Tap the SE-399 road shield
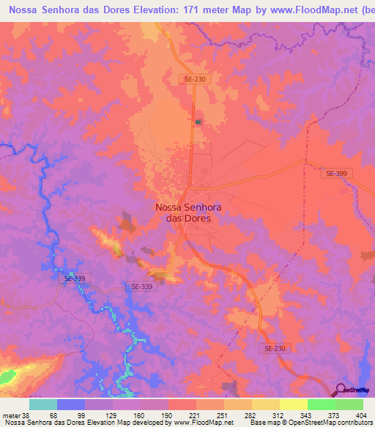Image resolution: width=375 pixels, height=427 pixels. pos(337,173)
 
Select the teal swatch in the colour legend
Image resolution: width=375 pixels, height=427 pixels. pos(43,405)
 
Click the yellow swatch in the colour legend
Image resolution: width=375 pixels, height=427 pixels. pos(293,405)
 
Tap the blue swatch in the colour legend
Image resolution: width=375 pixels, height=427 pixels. pos(71,405)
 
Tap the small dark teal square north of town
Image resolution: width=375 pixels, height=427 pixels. pos(198,122)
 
